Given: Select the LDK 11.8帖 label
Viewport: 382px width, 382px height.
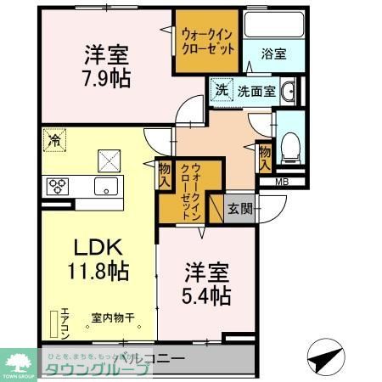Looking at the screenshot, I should [x=98, y=260].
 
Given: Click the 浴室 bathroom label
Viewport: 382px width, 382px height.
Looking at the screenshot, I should [x=273, y=53].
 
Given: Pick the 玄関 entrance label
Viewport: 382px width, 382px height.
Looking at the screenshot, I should [x=240, y=209].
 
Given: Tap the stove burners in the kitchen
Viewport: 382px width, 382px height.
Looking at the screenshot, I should [x=58, y=187].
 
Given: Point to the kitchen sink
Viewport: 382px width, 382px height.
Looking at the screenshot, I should [x=108, y=187].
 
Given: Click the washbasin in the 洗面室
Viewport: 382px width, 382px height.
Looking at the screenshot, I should [x=289, y=91].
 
